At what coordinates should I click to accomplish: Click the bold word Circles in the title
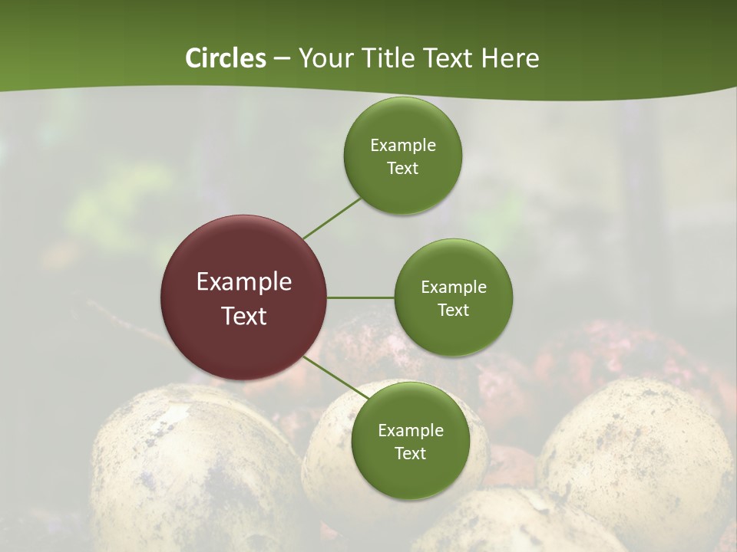[x=225, y=58]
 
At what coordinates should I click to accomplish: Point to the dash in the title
[x=281, y=59]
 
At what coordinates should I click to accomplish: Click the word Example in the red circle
[x=244, y=282]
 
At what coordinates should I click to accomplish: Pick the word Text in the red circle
[x=244, y=315]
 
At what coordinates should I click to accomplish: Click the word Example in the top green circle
[x=403, y=146]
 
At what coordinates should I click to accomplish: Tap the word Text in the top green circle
[x=403, y=168]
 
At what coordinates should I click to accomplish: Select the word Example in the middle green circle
[x=454, y=287]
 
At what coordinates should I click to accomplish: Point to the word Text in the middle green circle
[x=454, y=310]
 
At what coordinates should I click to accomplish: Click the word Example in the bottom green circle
[x=411, y=431]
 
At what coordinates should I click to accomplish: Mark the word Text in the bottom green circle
[x=411, y=453]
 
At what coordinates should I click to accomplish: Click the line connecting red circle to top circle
[x=331, y=217]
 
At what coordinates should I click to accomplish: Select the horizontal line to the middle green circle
[x=361, y=297]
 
